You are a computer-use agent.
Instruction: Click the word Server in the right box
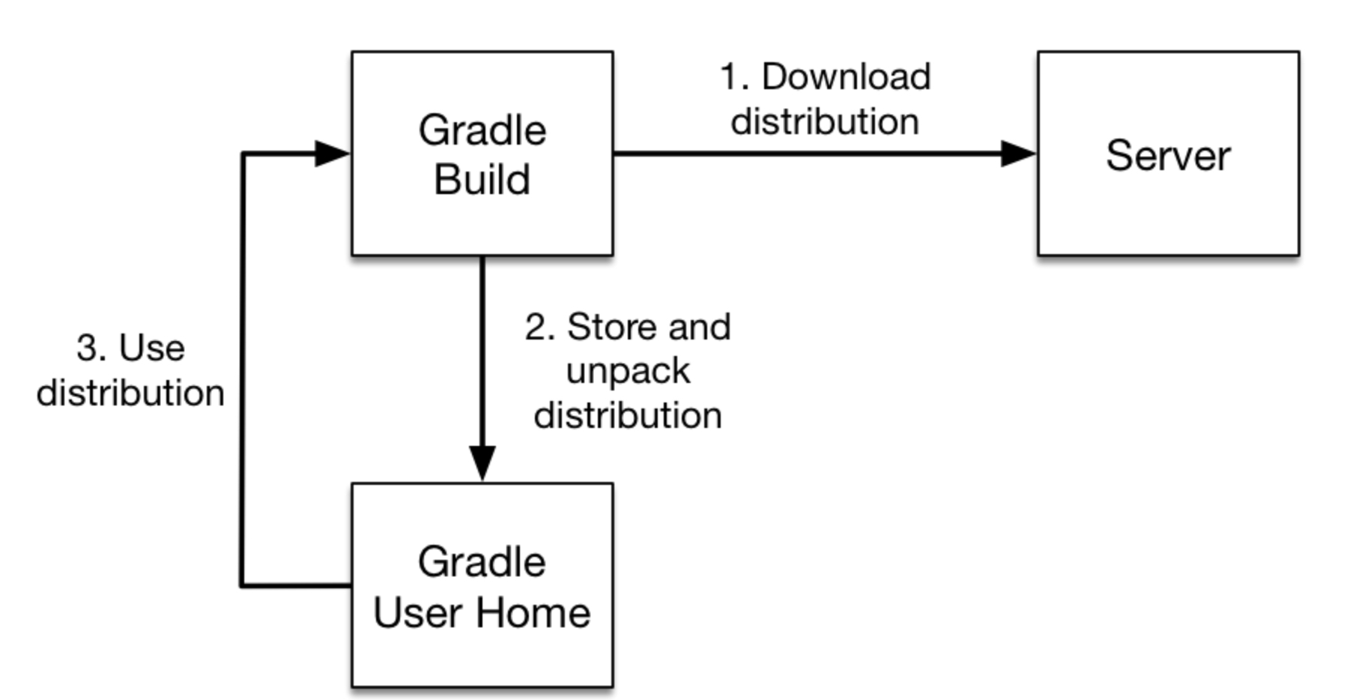click(x=1168, y=156)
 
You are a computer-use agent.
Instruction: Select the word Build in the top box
click(x=482, y=180)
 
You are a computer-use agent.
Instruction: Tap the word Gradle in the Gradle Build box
click(x=482, y=130)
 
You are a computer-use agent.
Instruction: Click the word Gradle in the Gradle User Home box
click(x=482, y=562)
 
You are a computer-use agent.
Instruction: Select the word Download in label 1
click(x=846, y=76)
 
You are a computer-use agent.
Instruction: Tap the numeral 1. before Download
click(x=734, y=76)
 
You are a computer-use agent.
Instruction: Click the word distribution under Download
click(x=825, y=121)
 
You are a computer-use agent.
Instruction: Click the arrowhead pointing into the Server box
click(x=1018, y=154)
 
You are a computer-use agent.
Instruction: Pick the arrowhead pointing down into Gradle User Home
click(x=482, y=462)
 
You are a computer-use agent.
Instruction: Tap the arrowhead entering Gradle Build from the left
click(x=332, y=154)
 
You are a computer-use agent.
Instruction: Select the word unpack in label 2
click(x=628, y=372)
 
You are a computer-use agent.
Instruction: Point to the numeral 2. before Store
click(x=539, y=328)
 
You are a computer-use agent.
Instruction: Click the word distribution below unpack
click(x=628, y=415)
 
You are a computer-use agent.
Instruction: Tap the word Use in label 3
click(x=151, y=349)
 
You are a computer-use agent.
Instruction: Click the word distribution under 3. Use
click(x=130, y=393)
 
